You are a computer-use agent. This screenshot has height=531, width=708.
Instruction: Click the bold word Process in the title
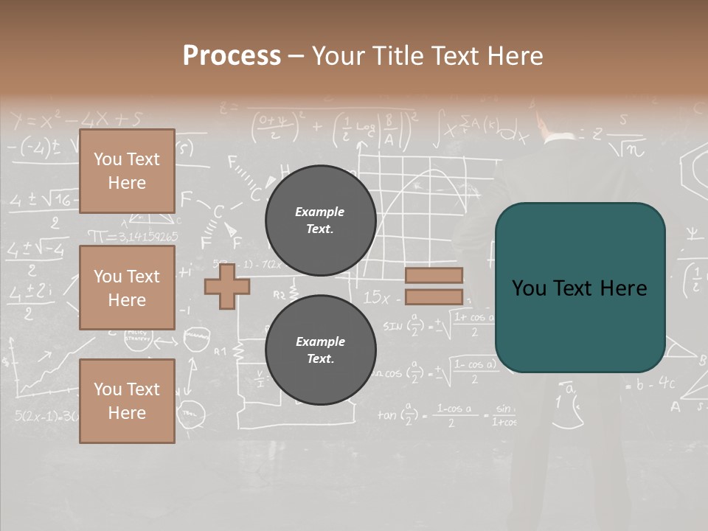coord(232,56)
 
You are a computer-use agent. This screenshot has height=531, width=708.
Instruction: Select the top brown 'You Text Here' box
coord(127,171)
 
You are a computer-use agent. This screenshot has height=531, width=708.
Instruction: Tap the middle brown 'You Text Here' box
coord(127,288)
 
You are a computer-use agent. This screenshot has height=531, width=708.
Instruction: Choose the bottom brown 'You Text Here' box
coord(127,400)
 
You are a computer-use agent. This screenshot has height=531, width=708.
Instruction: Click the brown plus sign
coord(226,286)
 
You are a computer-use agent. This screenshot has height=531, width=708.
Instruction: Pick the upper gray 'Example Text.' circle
coord(320,221)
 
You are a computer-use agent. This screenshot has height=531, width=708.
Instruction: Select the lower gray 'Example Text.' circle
coord(320,350)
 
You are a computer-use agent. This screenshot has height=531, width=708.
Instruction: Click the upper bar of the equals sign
coord(434,276)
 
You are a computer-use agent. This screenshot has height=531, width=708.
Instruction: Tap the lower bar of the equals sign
coord(434,297)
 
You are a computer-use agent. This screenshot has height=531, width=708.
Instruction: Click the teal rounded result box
coord(580,288)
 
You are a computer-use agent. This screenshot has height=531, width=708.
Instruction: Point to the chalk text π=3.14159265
coord(133,237)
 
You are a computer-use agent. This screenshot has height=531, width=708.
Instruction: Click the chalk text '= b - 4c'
coord(649,383)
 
